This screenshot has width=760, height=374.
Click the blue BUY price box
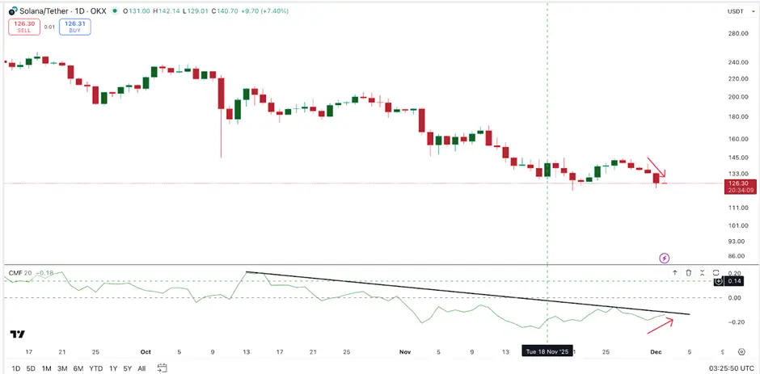click(x=76, y=27)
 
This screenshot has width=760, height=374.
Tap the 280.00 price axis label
click(x=737, y=33)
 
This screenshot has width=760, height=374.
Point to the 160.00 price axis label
click(x=737, y=139)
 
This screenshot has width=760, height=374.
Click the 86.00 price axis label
click(x=737, y=255)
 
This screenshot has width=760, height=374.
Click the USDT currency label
click(x=735, y=11)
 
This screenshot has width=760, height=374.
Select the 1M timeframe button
click(x=47, y=368)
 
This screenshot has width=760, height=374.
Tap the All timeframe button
click(x=141, y=368)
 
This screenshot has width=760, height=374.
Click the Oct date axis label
click(x=146, y=352)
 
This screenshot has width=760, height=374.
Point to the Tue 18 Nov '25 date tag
click(x=548, y=351)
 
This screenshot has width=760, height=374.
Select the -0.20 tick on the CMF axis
click(x=737, y=321)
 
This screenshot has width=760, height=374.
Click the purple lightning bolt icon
click(x=664, y=258)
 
